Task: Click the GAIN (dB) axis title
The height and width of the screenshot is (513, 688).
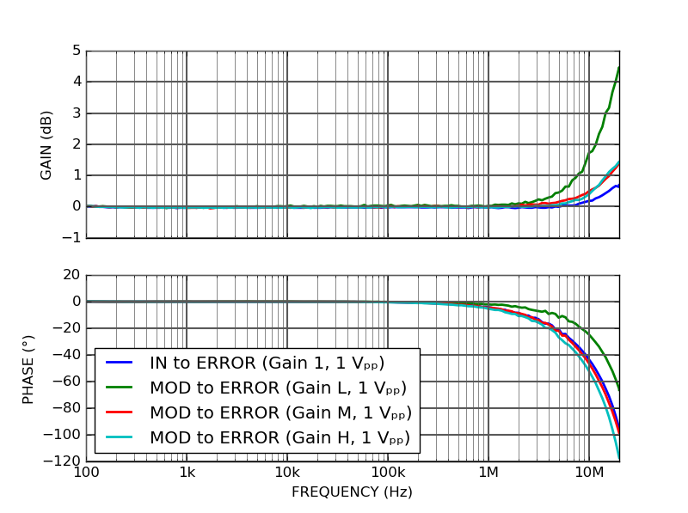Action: [46, 144]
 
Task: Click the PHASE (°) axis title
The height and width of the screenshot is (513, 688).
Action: [28, 368]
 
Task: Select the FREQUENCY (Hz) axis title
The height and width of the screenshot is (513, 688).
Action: [352, 492]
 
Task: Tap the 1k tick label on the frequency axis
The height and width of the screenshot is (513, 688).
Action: [187, 472]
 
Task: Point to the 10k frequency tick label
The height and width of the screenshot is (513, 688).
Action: [287, 472]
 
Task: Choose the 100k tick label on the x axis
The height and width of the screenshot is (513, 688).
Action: [388, 472]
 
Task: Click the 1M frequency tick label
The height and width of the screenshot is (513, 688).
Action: [488, 472]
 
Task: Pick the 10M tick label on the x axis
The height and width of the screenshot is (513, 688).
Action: [589, 472]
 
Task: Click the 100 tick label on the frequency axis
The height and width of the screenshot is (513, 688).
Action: [86, 472]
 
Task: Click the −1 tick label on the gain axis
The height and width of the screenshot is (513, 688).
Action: [71, 238]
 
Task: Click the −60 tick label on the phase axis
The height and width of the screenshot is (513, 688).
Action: [65, 382]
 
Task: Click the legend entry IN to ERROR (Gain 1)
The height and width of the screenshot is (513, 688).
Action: [267, 363]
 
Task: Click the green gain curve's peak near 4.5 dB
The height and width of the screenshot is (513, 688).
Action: [618, 67]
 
